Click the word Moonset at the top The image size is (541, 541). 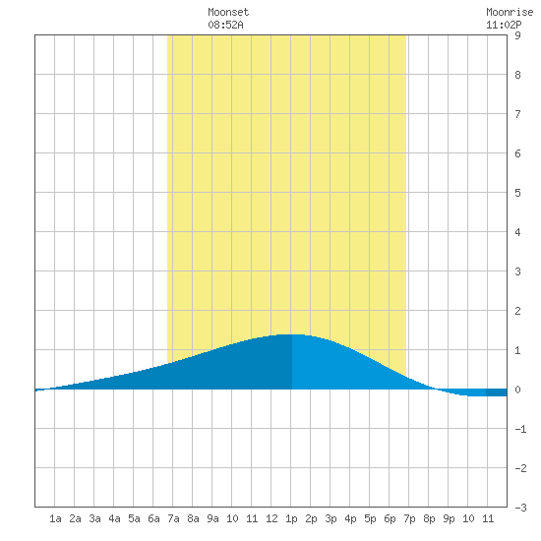click(x=228, y=12)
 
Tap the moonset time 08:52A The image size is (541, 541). click(x=225, y=25)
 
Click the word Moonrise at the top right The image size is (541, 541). click(x=510, y=12)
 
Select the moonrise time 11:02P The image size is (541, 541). click(x=504, y=25)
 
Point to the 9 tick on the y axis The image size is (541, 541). click(x=517, y=35)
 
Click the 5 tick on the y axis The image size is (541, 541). click(x=517, y=193)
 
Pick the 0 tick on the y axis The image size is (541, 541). click(x=517, y=390)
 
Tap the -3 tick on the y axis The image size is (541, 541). click(x=520, y=508)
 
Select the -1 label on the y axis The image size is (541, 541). click(x=520, y=429)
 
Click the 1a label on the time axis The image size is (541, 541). click(x=55, y=518)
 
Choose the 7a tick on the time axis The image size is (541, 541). click(x=173, y=518)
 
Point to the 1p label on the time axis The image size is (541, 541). click(x=291, y=518)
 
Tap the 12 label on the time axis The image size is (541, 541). click(x=271, y=518)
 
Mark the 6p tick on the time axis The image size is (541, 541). click(x=390, y=518)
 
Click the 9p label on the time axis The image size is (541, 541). click(x=449, y=518)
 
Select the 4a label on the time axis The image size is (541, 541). click(x=114, y=518)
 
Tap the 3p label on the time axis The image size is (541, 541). click(x=331, y=518)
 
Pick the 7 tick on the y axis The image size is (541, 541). click(x=517, y=114)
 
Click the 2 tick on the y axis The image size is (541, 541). click(x=517, y=311)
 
